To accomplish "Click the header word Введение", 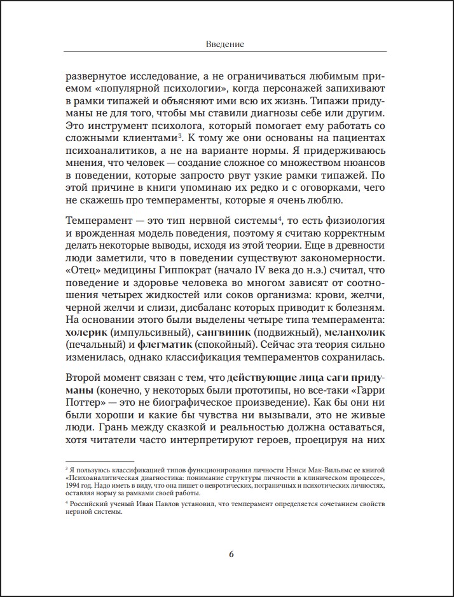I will tap(226, 45).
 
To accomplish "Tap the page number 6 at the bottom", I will tap(231, 553).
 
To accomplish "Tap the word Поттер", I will tap(85, 403).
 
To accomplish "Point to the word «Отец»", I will tap(81, 272).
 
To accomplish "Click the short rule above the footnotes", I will tap(100, 462).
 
